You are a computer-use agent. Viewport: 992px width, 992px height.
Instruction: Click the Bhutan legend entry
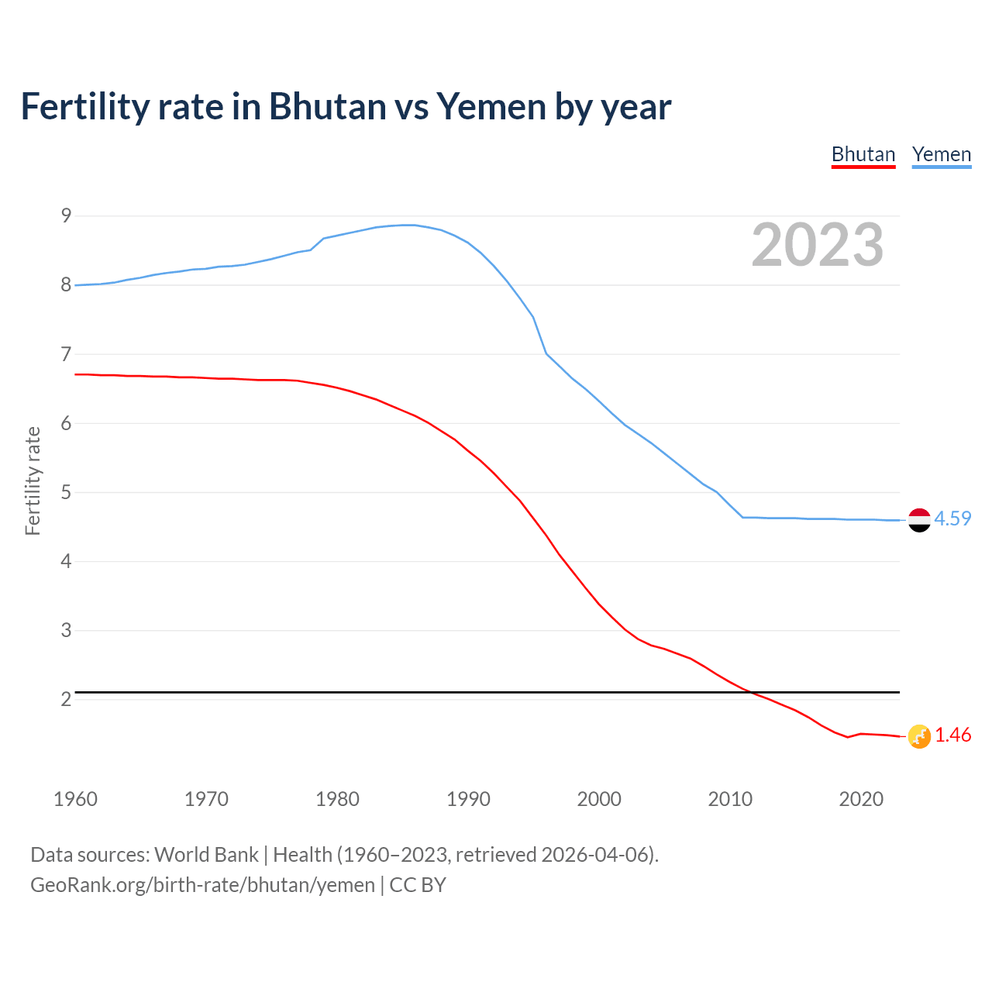point(863,154)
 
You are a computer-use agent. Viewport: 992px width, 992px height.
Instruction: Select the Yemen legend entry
point(941,154)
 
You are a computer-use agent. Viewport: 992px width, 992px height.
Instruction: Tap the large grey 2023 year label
point(817,245)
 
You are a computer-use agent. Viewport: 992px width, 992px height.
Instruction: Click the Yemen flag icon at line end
point(918,519)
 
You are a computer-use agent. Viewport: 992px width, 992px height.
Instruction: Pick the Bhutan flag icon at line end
point(918,736)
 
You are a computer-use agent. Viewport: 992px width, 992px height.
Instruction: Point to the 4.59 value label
point(952,518)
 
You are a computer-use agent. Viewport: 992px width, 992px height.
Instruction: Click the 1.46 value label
point(952,735)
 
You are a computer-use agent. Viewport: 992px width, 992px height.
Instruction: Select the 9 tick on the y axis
point(66,215)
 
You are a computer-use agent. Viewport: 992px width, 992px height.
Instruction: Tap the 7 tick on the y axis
point(66,354)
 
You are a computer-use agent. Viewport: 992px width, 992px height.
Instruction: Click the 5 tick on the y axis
point(66,492)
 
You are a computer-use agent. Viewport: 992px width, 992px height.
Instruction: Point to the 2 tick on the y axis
point(66,699)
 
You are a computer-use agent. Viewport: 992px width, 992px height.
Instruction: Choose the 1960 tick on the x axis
point(75,799)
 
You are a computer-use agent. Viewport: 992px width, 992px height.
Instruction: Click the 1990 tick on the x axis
point(468,799)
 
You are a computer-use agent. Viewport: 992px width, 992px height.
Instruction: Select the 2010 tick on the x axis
point(730,799)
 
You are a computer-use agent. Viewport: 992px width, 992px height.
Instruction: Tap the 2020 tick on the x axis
point(861,799)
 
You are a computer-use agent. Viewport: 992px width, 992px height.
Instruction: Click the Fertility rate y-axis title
point(33,480)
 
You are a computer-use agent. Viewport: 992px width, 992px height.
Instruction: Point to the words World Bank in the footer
point(206,855)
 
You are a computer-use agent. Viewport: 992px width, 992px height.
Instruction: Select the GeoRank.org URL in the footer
point(202,885)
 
